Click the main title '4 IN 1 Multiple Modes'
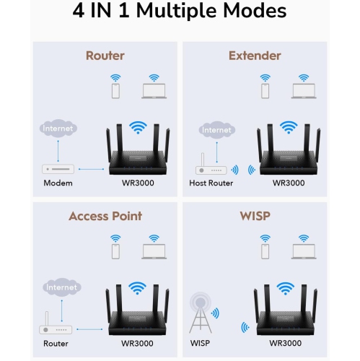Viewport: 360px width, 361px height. point(180,12)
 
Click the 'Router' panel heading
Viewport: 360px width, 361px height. point(105,56)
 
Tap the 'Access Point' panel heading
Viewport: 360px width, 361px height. point(105,216)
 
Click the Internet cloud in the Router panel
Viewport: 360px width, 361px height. point(58,129)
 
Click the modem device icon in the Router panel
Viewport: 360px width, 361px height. point(58,169)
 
